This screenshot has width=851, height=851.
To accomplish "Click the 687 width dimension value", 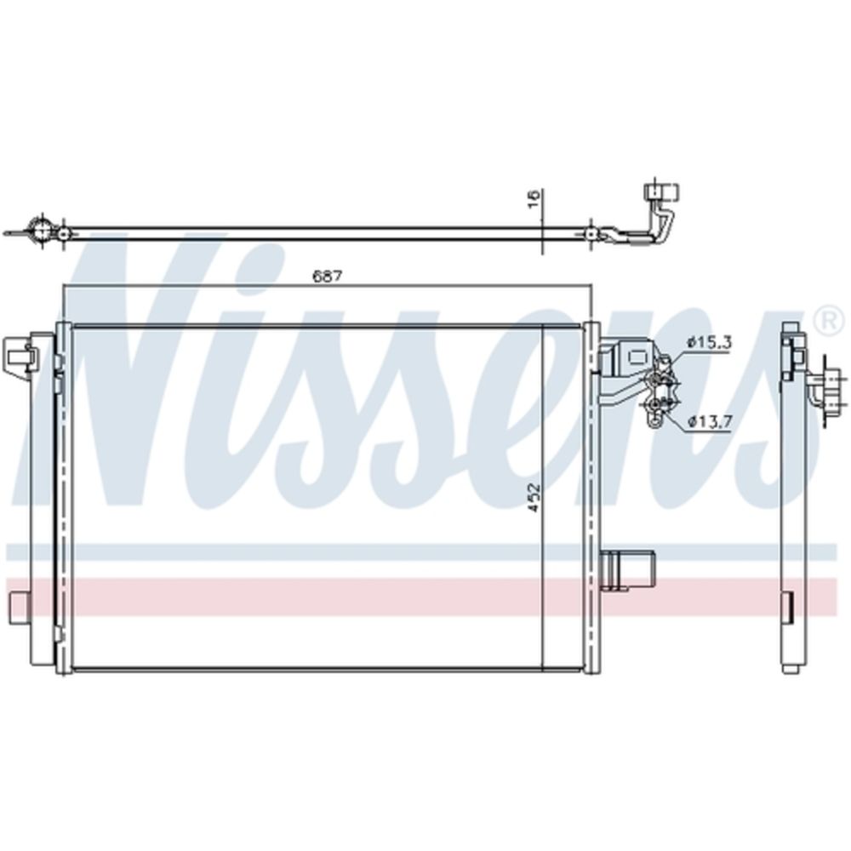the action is (x=328, y=276).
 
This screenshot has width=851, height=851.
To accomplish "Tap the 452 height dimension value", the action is (x=534, y=497).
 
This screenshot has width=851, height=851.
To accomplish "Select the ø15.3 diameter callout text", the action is (x=709, y=342).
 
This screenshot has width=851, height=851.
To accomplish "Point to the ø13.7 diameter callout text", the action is (x=710, y=420).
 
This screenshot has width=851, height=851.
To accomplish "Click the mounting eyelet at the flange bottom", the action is (x=655, y=420).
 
